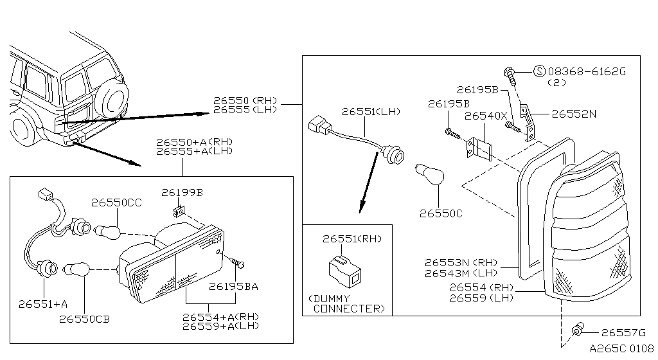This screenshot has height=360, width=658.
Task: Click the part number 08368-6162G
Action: tap(586, 72)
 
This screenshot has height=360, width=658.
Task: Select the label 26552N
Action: tap(574, 114)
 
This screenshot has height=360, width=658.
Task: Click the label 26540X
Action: tap(485, 116)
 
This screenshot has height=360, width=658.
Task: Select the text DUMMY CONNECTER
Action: tap(347, 303)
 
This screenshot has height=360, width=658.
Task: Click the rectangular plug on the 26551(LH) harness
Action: tap(319, 126)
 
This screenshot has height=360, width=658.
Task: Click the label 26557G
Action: tap(623, 332)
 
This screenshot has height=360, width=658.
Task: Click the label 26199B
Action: tap(182, 192)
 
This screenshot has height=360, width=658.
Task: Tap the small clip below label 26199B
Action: tap(179, 210)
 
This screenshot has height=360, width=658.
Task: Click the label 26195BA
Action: tap(233, 287)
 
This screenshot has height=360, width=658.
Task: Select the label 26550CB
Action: tap(85, 319)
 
